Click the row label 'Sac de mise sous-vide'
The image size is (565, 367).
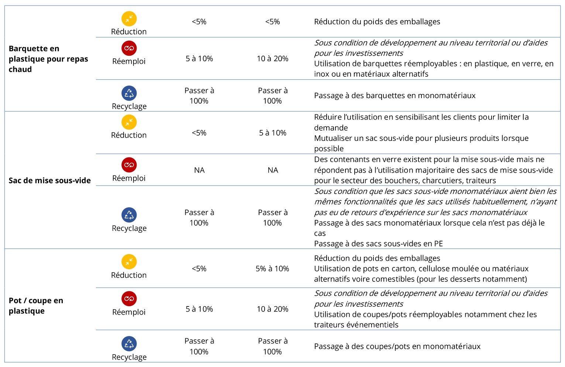coord(50,180)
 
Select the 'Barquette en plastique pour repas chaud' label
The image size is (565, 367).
coord(48,59)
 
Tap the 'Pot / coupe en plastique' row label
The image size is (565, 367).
coord(36,305)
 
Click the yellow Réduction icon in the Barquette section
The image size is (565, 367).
coord(129,19)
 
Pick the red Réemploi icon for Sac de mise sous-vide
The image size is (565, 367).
coord(129,165)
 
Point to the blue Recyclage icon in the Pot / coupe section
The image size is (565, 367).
coord(129,343)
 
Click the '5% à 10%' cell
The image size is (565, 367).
coord(272,269)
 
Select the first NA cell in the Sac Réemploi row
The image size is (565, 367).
coord(199,170)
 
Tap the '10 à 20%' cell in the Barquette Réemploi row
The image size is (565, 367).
coord(272,59)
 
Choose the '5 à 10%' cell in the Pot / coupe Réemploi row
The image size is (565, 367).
coord(199,309)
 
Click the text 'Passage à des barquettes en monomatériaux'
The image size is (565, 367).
coord(395,96)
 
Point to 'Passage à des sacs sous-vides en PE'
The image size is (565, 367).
coord(378,243)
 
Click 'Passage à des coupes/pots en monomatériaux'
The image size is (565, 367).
coord(397,346)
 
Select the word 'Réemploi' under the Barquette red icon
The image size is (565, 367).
coord(129,61)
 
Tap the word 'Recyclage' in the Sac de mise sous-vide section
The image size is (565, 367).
coord(129,228)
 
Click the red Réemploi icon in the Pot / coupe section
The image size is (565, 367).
coord(129,299)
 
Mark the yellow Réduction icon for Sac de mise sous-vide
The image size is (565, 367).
coord(129,122)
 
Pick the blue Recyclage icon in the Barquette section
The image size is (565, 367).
coord(129,93)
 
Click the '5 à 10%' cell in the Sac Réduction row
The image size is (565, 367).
coord(272,133)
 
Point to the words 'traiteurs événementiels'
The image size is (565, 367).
coord(356,325)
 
